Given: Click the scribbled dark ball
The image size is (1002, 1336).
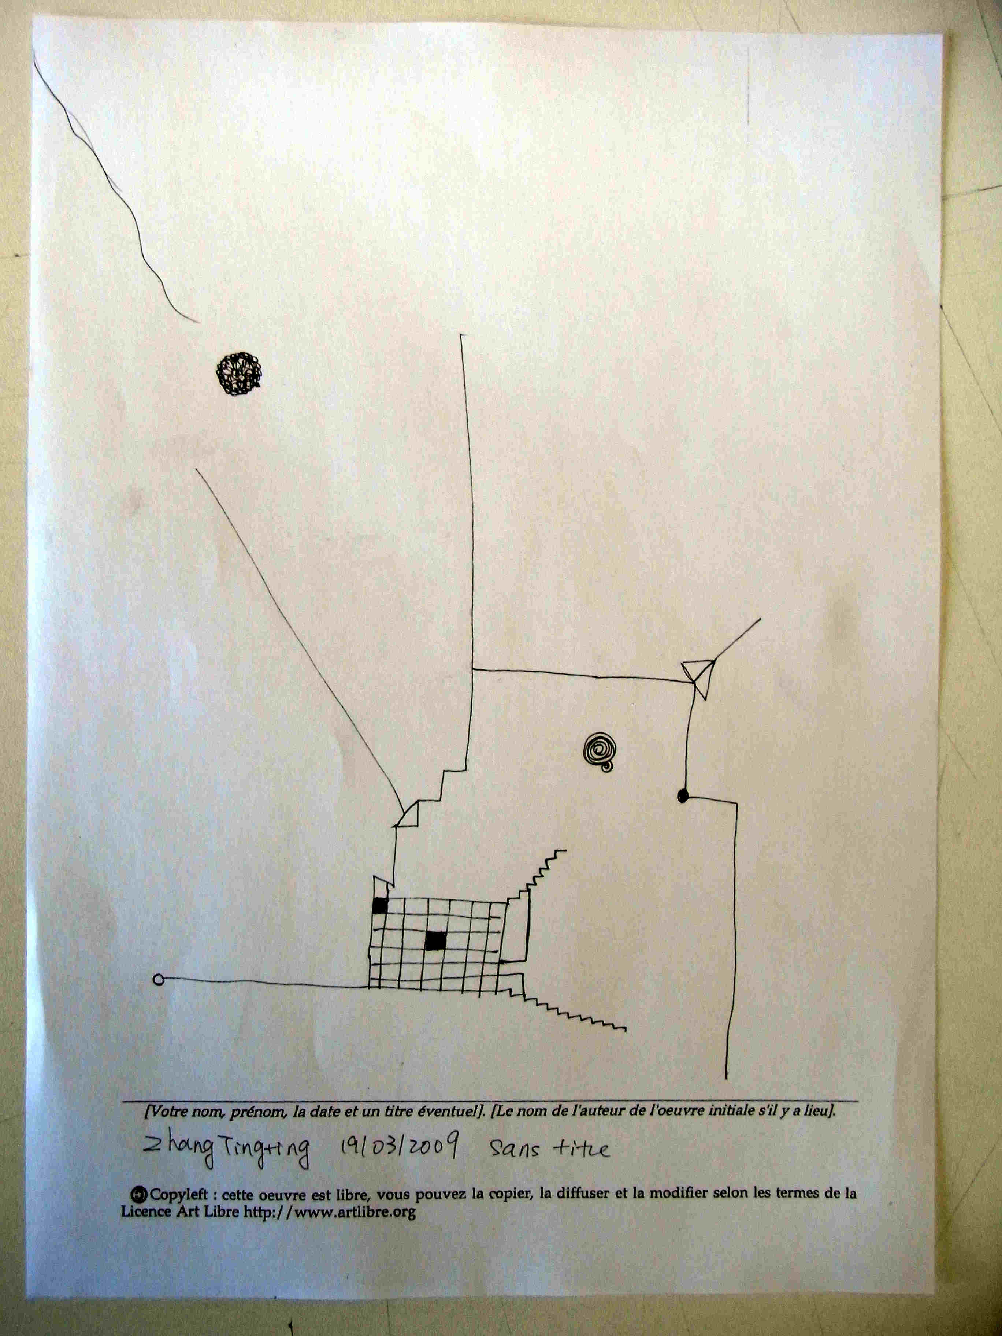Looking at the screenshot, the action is [238, 374].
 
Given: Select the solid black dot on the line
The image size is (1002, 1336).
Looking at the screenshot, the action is [683, 795].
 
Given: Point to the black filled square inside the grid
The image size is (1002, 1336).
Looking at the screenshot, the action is [435, 941].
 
